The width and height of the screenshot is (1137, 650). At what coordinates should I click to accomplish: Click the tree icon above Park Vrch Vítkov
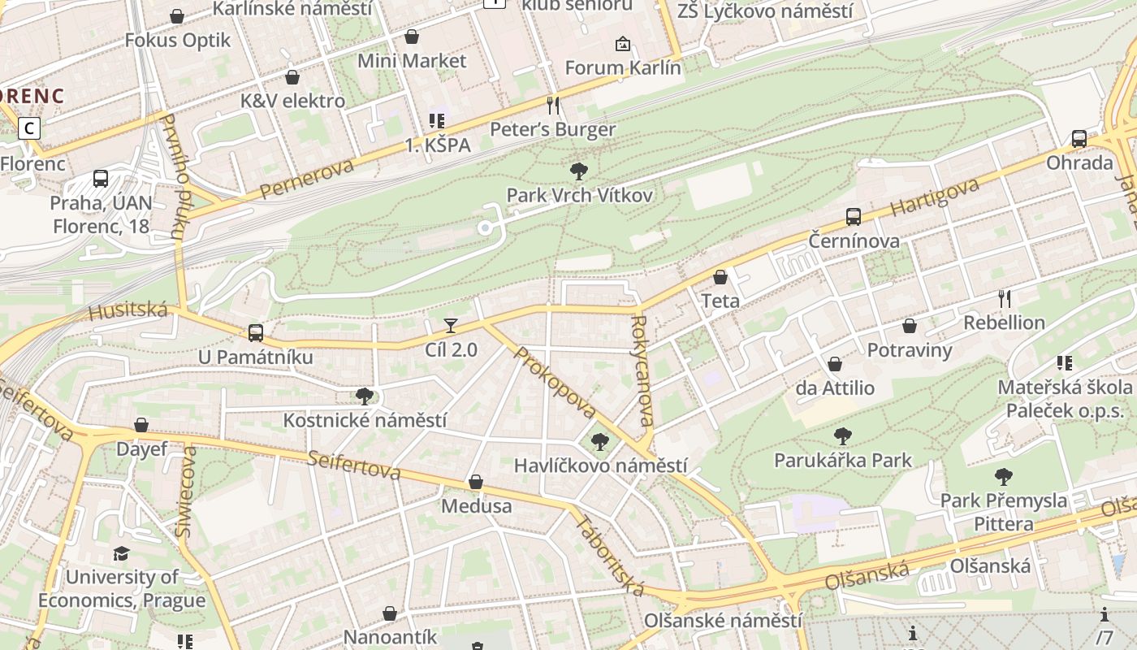pyautogui.click(x=579, y=171)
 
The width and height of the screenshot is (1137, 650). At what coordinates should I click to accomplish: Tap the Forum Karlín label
pyautogui.click(x=622, y=67)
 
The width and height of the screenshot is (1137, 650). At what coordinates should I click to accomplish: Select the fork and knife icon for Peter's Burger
pyautogui.click(x=553, y=105)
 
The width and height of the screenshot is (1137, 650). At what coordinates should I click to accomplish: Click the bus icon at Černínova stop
pyautogui.click(x=853, y=217)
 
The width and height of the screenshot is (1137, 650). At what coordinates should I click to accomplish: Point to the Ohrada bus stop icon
pyautogui.click(x=1079, y=139)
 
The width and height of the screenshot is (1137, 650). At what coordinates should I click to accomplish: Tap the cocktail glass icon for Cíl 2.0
pyautogui.click(x=451, y=326)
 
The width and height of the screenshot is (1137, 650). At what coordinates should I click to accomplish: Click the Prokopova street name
pyautogui.click(x=555, y=383)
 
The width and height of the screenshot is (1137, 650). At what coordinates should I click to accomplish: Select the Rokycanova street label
pyautogui.click(x=641, y=370)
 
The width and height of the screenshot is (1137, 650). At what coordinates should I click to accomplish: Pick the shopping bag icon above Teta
pyautogui.click(x=720, y=277)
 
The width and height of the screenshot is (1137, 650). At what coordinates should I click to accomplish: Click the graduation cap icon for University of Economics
pyautogui.click(x=121, y=553)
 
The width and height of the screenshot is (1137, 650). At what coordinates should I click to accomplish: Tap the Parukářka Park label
pyautogui.click(x=843, y=461)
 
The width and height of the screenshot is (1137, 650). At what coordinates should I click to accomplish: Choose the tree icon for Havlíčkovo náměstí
pyautogui.click(x=600, y=442)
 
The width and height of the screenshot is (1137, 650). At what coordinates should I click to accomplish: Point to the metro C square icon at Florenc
pyautogui.click(x=30, y=128)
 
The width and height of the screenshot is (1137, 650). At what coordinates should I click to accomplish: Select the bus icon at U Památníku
pyautogui.click(x=255, y=332)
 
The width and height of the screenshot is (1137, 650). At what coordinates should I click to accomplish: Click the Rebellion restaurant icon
pyautogui.click(x=1005, y=298)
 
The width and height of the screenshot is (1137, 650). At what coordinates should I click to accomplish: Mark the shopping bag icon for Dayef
pyautogui.click(x=141, y=425)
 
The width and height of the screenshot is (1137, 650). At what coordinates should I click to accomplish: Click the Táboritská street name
pyautogui.click(x=611, y=553)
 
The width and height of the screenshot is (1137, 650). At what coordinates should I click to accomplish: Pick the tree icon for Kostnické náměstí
pyautogui.click(x=365, y=396)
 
